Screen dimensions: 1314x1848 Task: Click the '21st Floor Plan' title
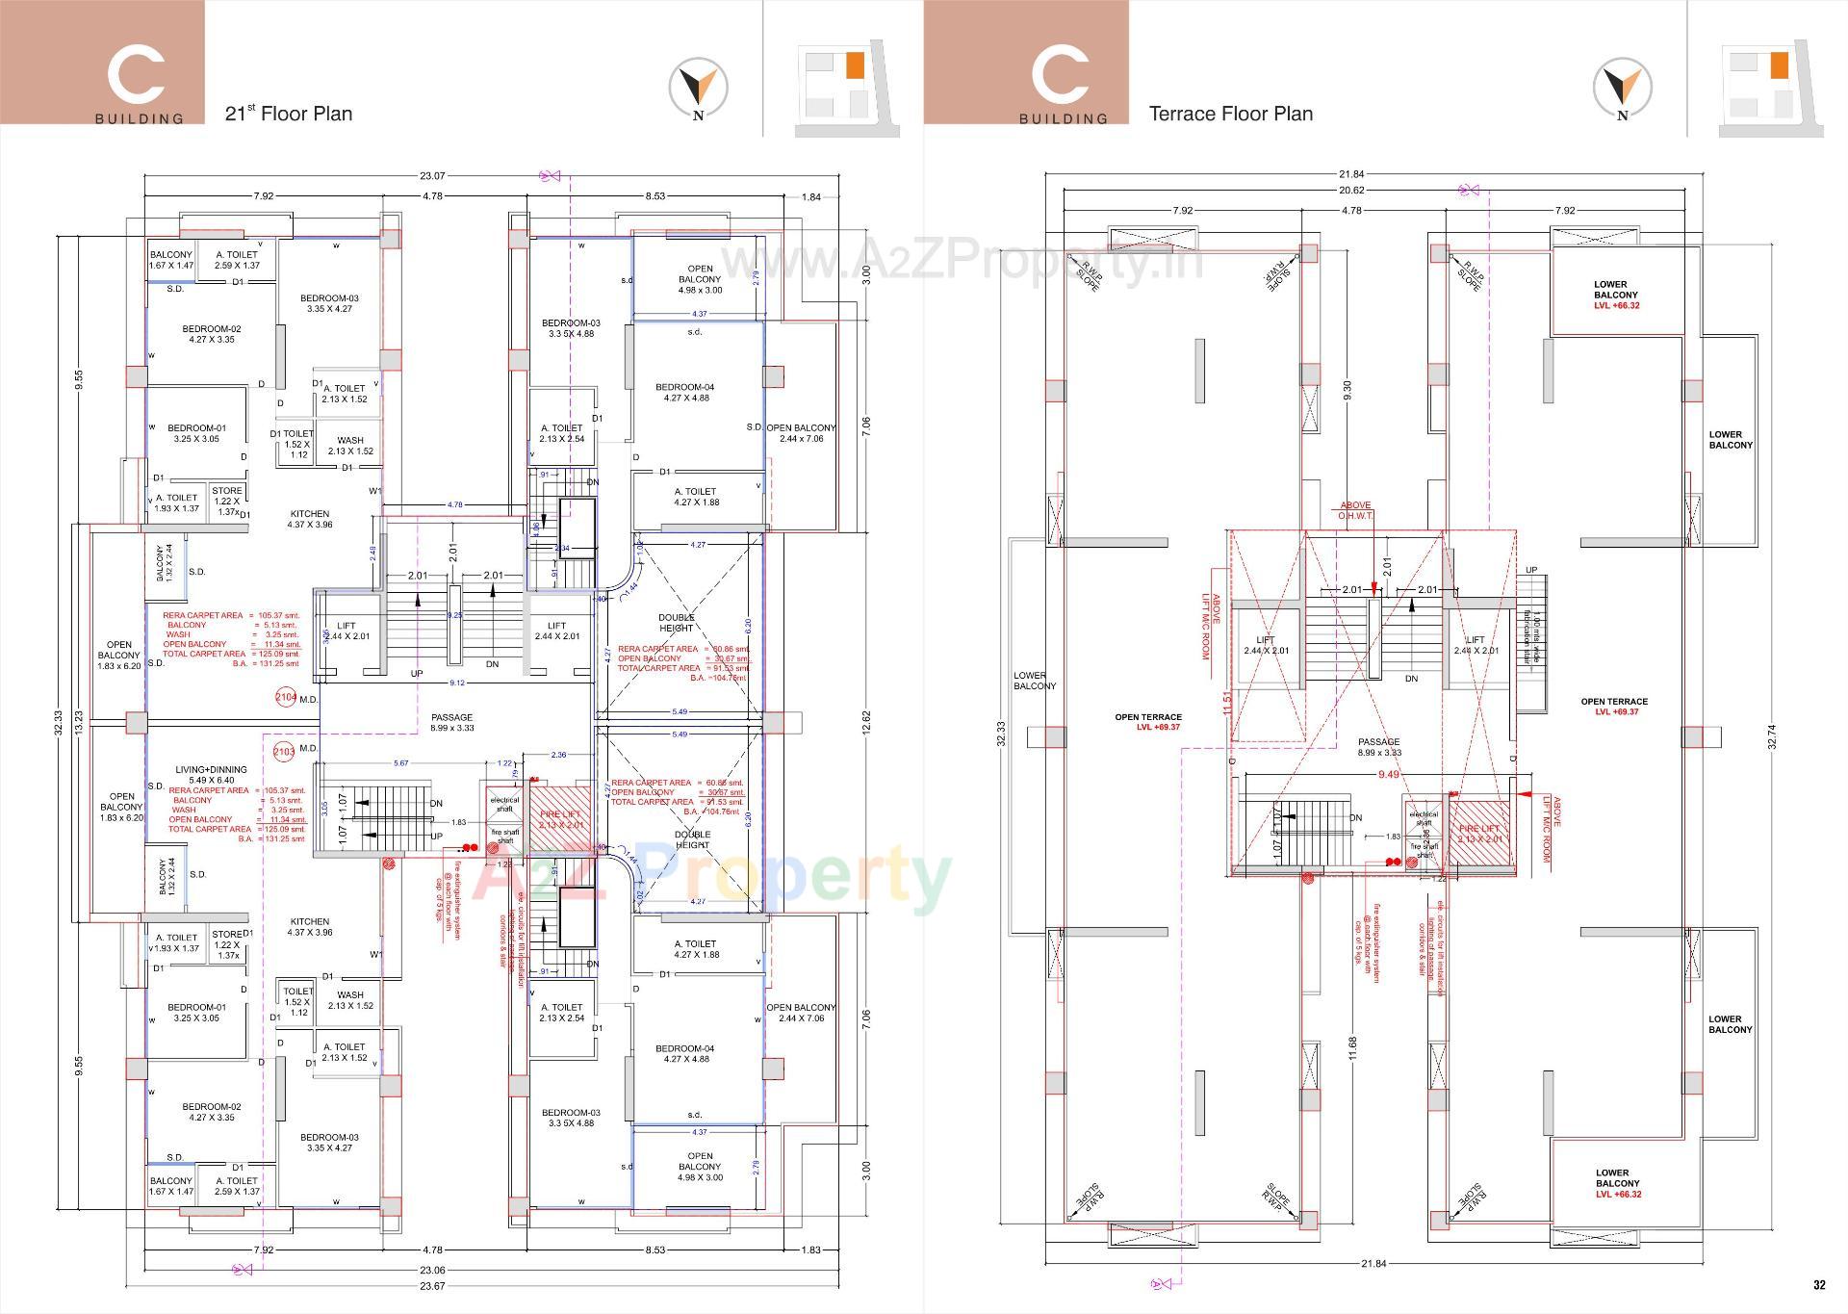coord(288,114)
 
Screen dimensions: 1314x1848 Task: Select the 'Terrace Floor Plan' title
coord(1230,114)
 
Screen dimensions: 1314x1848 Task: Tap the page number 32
coord(1818,1284)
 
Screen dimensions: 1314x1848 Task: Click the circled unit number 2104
coord(286,697)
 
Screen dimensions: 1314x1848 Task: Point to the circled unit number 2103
coord(284,751)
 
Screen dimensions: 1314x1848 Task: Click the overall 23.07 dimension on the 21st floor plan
coord(432,176)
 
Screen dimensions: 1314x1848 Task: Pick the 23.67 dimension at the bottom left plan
coord(432,1286)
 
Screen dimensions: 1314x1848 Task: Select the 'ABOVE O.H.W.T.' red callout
coord(1355,510)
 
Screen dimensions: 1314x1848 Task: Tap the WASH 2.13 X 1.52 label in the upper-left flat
coord(350,446)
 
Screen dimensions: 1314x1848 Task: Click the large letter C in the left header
coord(136,75)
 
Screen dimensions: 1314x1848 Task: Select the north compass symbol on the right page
coord(1622,89)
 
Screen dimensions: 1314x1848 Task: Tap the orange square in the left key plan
coord(854,65)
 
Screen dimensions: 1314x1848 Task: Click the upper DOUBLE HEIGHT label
coord(676,622)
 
